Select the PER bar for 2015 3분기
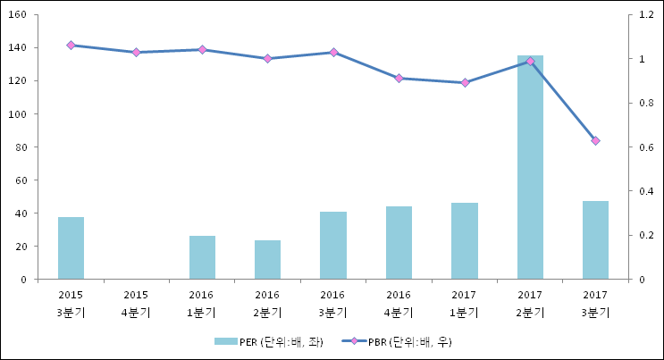coord(71,248)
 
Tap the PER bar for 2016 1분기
coord(202,257)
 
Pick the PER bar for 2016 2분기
coord(267,260)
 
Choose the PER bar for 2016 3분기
coord(333,246)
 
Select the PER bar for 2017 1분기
coord(464,241)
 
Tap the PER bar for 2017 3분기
coord(595,240)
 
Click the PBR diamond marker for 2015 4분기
coord(136,53)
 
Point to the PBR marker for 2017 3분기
coord(595,140)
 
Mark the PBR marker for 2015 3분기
coord(71,45)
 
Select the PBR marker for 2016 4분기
coord(399,79)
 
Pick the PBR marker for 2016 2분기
coord(267,59)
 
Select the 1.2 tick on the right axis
coord(640,15)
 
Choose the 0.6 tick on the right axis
coord(640,147)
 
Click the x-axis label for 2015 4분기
coord(136,304)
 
